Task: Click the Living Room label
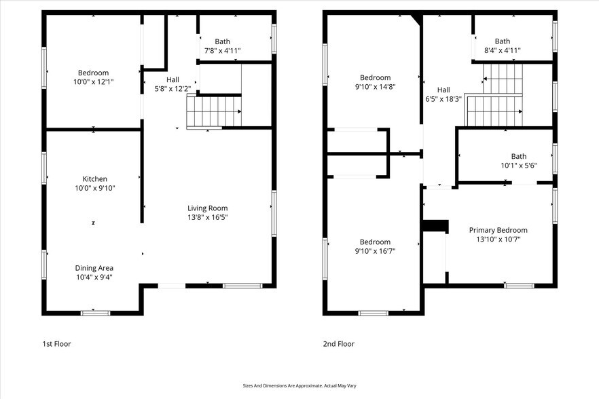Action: coord(208,208)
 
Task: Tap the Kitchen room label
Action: coord(95,179)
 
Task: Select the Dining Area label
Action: coord(95,267)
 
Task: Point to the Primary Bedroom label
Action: coord(498,230)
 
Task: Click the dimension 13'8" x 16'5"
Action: coord(208,218)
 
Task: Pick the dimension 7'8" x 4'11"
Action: coord(222,51)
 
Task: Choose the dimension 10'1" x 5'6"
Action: coord(505,166)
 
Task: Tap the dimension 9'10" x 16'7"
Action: coord(375,251)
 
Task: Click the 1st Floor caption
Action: coord(56,344)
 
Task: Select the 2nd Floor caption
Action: coord(338,344)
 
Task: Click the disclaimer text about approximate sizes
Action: coord(299,385)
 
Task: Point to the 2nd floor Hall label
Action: coord(443,90)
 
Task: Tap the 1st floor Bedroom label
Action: coord(93,73)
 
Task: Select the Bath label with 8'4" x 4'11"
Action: coord(502,41)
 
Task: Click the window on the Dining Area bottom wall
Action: coord(95,313)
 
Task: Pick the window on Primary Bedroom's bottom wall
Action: coord(519,286)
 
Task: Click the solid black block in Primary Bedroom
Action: coord(435,226)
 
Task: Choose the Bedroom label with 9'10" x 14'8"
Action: coord(375,77)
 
